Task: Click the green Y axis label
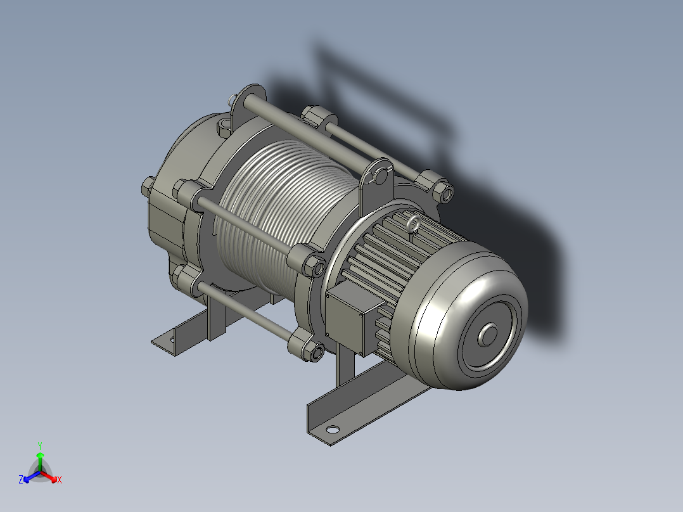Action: [40, 445]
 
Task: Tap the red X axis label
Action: [59, 480]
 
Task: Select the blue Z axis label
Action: [21, 480]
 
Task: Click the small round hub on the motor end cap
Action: [488, 335]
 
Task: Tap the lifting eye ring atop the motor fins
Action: [413, 224]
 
